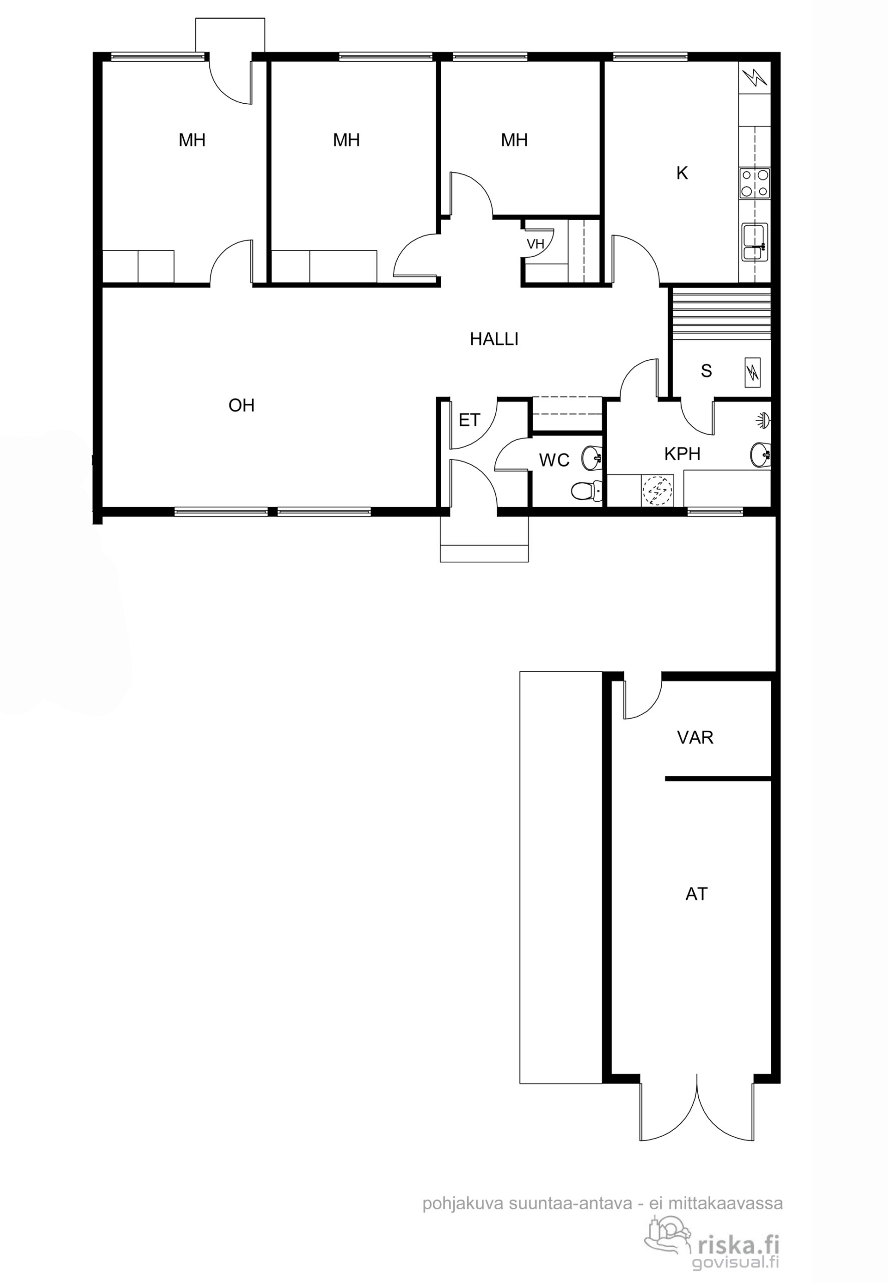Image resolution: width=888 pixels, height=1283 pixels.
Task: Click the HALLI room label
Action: point(494,339)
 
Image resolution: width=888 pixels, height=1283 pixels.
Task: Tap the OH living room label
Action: point(241,405)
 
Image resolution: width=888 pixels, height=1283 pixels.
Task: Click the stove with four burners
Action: point(755,183)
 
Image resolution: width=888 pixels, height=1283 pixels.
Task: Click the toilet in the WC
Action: point(586,490)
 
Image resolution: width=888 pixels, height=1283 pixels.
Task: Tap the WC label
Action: point(554,460)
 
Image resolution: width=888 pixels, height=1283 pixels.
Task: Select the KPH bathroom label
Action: point(682,454)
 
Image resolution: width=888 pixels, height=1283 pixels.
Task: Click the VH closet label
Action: point(535,244)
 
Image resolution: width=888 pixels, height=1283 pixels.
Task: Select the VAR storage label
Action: point(695,738)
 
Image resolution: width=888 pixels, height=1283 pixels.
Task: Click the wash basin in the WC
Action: point(591,458)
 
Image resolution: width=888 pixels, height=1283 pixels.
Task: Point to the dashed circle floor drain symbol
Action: point(658,490)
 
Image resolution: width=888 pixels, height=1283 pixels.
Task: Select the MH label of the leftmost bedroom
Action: point(192,140)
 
